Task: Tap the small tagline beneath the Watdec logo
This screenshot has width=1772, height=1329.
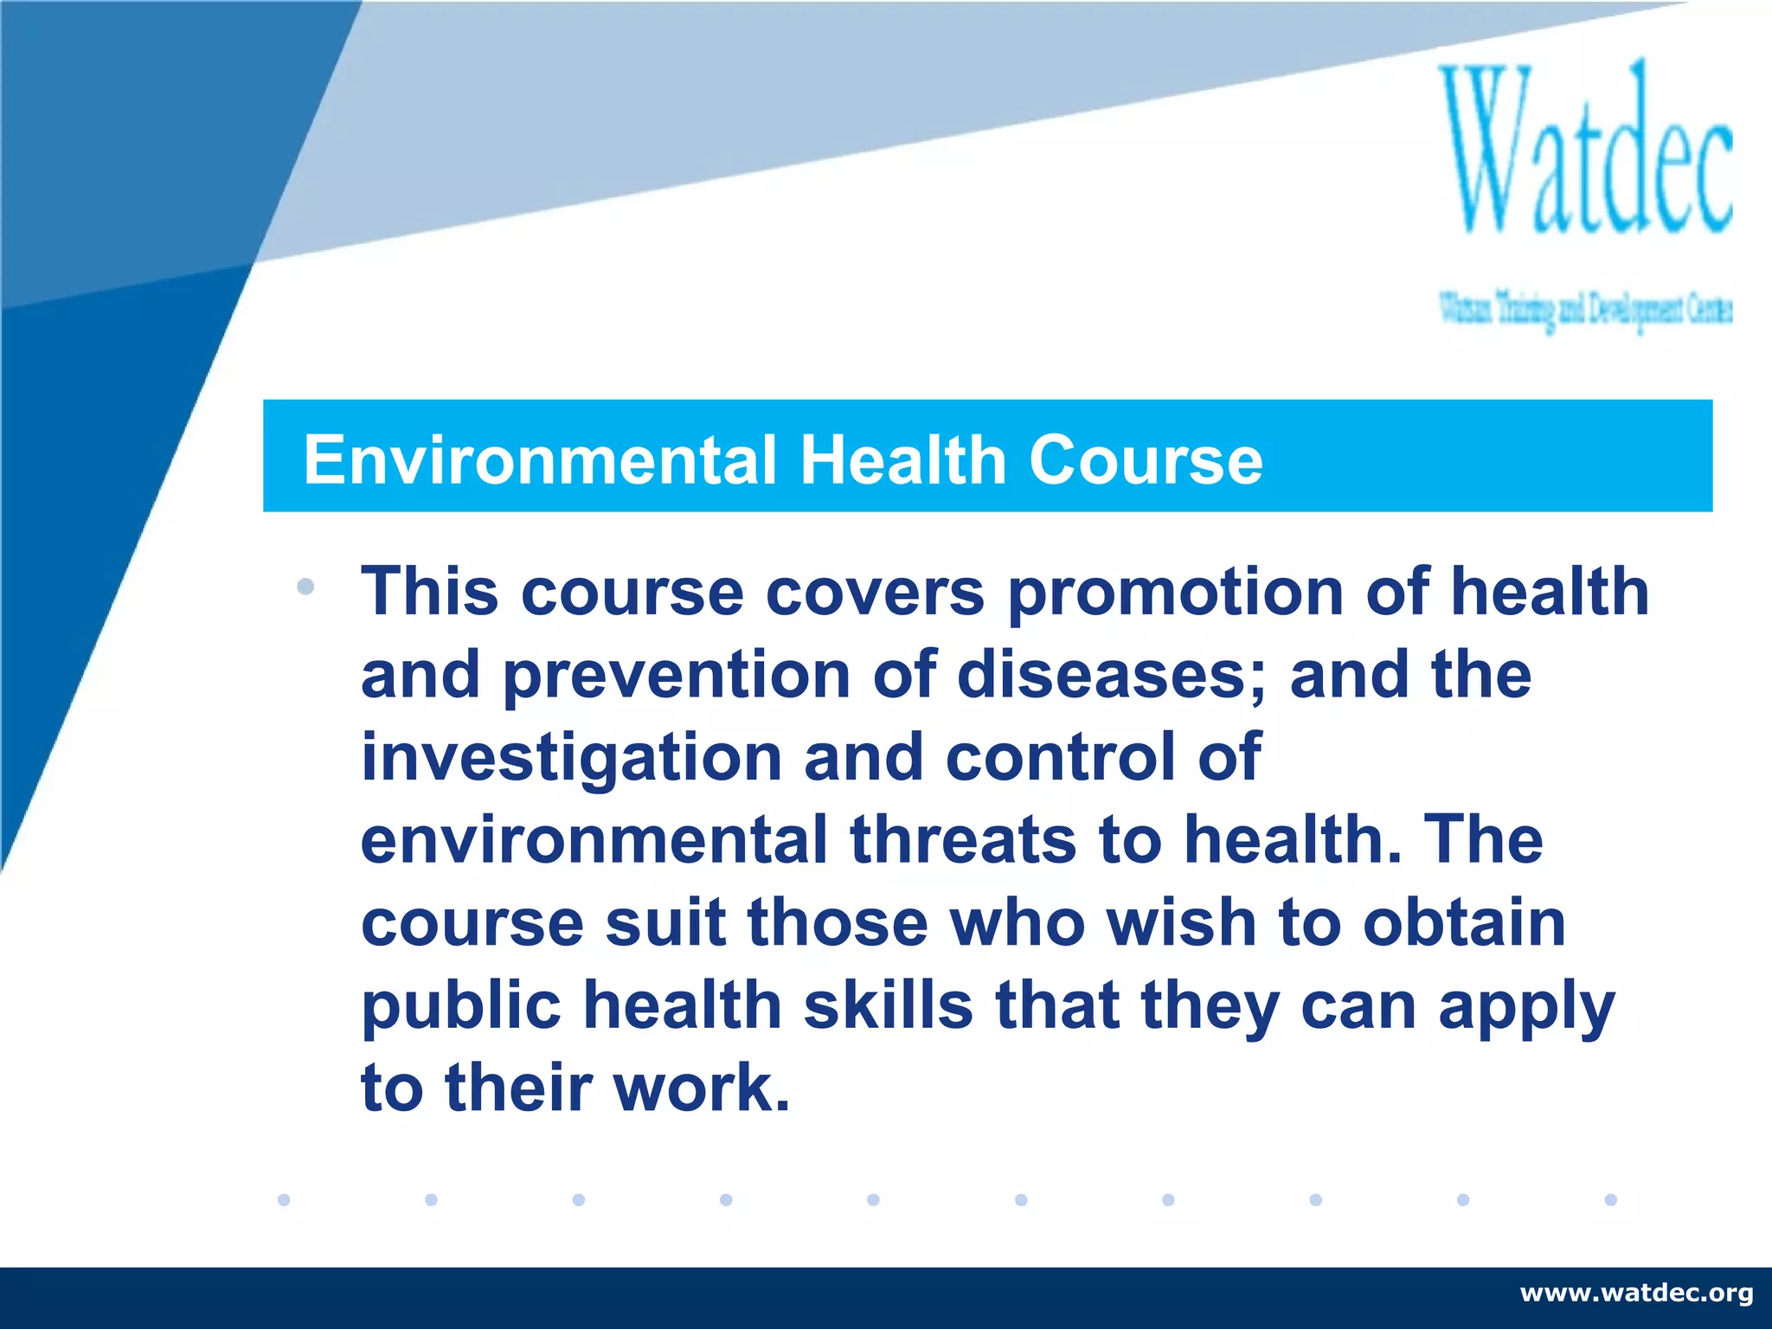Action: [x=1585, y=310]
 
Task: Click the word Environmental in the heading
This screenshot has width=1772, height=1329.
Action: [x=540, y=459]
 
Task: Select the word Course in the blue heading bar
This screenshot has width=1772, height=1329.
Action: [x=1146, y=459]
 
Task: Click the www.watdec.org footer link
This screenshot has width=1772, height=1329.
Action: [x=1636, y=1293]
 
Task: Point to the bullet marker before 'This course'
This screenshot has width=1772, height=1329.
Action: [x=305, y=587]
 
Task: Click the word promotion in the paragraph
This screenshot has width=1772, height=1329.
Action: [x=1176, y=594]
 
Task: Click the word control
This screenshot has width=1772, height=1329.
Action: [x=1061, y=757]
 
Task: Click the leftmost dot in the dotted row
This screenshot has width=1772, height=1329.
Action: [x=284, y=1199]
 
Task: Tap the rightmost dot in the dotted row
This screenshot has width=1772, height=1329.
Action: [x=1610, y=1199]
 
